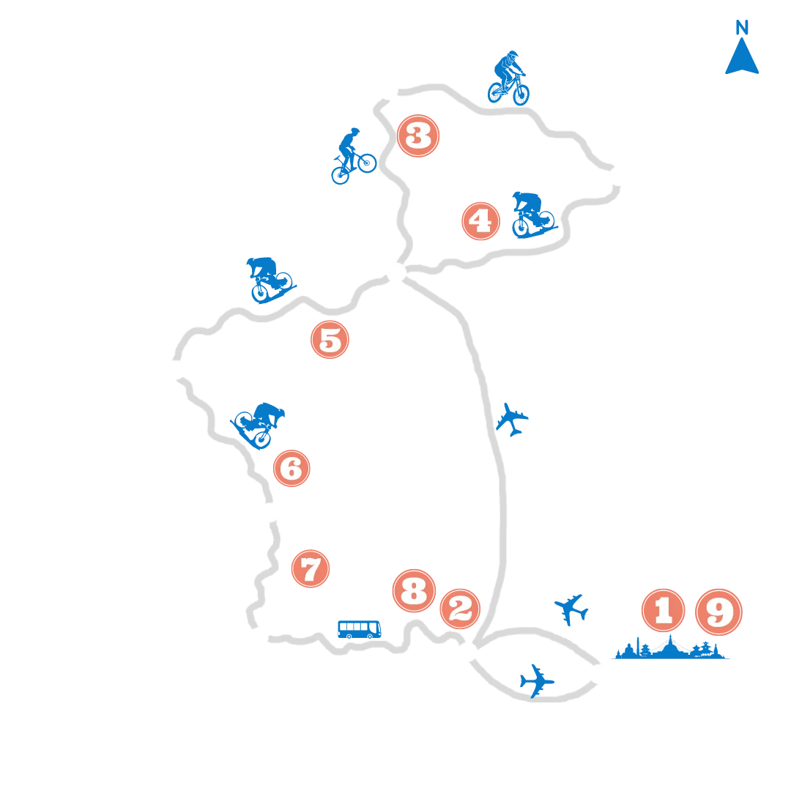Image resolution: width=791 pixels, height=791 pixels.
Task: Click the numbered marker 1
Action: (664, 610)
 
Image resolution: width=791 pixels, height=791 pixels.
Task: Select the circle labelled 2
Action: (460, 609)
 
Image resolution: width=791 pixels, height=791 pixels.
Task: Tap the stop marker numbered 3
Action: (418, 135)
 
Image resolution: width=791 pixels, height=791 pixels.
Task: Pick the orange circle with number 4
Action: (480, 221)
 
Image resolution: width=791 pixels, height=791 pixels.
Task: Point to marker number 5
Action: (330, 340)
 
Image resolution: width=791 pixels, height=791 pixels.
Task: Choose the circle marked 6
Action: (291, 468)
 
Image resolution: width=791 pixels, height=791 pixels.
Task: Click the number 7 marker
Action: (311, 568)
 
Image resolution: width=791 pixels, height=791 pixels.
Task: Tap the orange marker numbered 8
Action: (414, 591)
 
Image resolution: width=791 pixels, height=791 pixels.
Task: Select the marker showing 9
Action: (719, 612)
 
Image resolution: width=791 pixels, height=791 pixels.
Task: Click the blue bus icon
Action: (359, 630)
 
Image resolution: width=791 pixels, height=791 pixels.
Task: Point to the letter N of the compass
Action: (741, 27)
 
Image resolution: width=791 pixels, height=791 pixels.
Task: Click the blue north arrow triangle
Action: (742, 56)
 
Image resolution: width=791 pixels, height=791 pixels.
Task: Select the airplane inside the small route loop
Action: (537, 681)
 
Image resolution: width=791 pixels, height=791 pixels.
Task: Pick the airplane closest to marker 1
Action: (571, 609)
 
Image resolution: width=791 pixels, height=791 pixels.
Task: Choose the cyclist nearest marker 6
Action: (258, 426)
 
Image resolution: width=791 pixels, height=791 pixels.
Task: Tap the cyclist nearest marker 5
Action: (270, 280)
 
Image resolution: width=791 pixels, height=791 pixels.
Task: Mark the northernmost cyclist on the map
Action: (508, 78)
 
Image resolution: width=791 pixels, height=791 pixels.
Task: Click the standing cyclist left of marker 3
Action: (354, 156)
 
